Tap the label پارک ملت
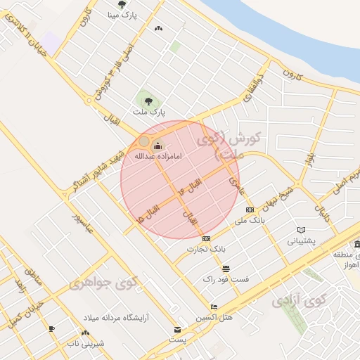(x=148, y=112)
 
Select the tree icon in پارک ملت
(x=148, y=101)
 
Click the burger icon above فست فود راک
(x=226, y=269)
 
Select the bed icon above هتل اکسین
(x=214, y=307)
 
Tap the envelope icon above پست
(x=176, y=330)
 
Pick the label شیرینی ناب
(x=85, y=344)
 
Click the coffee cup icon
(x=51, y=328)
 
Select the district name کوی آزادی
(x=300, y=301)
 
